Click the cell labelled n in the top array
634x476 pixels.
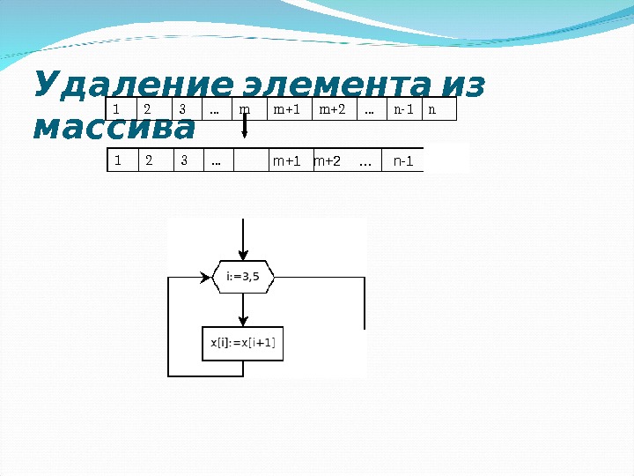(x=439, y=109)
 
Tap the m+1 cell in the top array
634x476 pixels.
(x=288, y=109)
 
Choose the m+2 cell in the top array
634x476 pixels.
(x=333, y=109)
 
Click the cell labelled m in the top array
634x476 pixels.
(x=247, y=109)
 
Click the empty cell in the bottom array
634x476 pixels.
(x=251, y=161)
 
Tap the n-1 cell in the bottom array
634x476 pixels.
(x=403, y=161)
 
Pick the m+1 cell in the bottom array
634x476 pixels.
(x=287, y=161)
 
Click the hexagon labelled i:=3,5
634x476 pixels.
(x=244, y=277)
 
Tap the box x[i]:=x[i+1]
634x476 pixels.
(x=243, y=343)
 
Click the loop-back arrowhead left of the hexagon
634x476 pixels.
(x=208, y=277)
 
